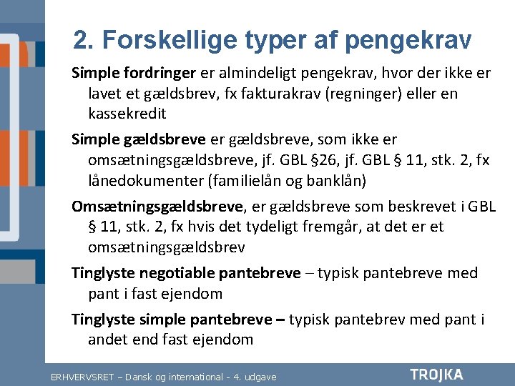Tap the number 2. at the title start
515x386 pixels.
(84, 40)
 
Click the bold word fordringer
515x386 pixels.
(157, 73)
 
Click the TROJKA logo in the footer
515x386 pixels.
(436, 375)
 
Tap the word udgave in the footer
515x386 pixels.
(260, 376)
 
